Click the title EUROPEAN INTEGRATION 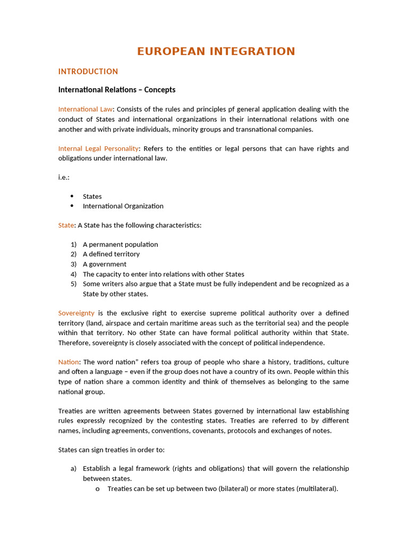point(216,51)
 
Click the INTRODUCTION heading point(88,72)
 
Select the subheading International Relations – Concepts point(116,90)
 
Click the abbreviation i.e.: point(64,177)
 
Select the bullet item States point(92,196)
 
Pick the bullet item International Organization point(123,206)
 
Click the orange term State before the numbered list point(66,225)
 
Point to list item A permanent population point(120,244)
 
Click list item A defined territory point(111,254)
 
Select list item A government point(104,264)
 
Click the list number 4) point(73,274)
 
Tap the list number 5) point(73,284)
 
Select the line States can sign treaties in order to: point(111,450)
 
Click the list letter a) point(73,469)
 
